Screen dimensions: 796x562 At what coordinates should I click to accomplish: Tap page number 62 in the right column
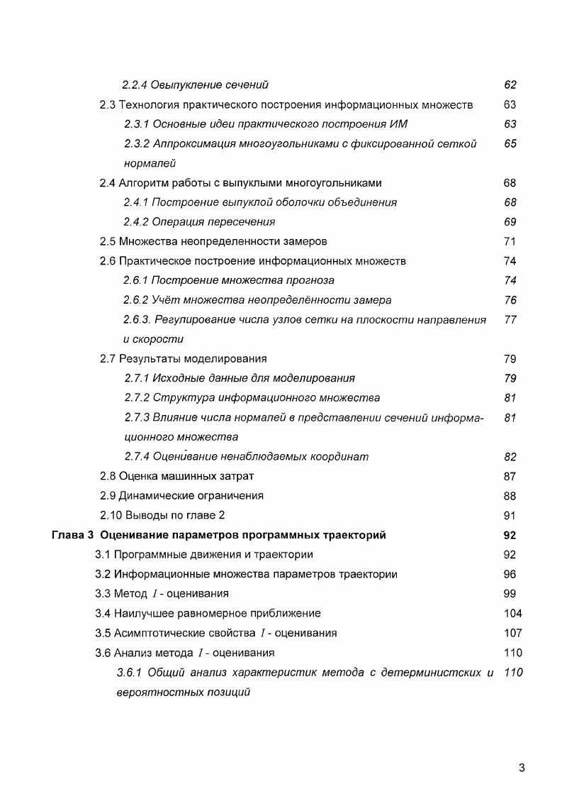point(510,85)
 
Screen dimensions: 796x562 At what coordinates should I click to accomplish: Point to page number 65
point(510,143)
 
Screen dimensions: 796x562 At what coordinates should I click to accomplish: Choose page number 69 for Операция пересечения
point(510,222)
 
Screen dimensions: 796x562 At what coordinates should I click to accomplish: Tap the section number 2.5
point(107,241)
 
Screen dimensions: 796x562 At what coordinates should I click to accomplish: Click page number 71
point(510,241)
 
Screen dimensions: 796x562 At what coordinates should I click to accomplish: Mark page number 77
point(510,320)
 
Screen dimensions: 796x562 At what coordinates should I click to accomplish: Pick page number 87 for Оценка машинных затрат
point(510,477)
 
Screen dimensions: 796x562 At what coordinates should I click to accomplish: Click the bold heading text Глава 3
point(73,535)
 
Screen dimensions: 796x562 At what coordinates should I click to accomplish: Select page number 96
point(510,575)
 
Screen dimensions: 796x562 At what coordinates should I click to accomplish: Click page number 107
point(512,633)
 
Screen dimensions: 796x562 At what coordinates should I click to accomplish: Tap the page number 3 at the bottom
point(522,768)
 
